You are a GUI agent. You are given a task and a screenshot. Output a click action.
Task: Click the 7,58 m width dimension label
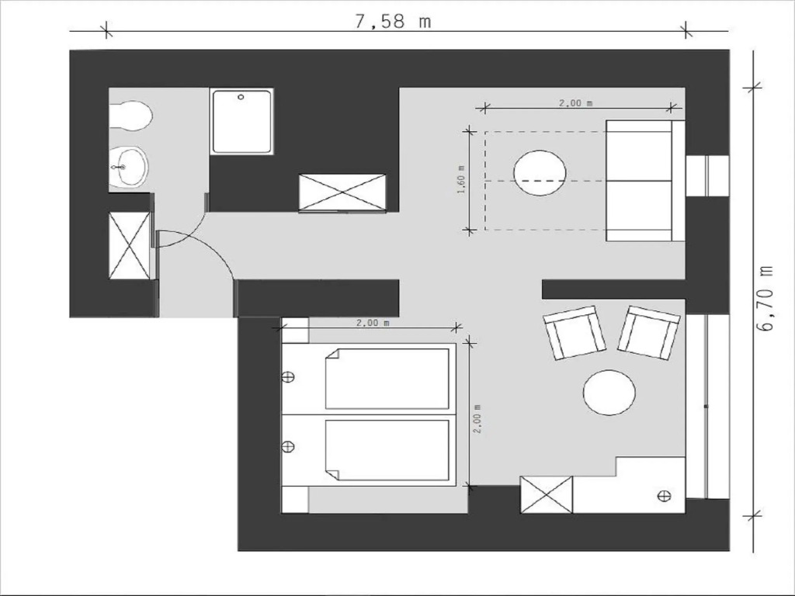pos(393,22)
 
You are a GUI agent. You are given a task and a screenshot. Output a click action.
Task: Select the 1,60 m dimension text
pos(461,180)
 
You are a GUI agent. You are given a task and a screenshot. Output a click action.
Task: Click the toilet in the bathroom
pos(130,116)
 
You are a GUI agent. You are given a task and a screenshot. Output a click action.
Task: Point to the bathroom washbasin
pos(130,168)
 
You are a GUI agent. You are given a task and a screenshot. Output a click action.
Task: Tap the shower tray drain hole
pos(241,97)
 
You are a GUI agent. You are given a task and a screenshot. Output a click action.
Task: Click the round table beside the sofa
pos(540,173)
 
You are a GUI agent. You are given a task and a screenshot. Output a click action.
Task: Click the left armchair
pos(575,333)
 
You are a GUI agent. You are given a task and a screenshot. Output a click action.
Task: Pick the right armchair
pos(648,332)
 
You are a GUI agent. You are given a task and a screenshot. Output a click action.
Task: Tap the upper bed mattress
pos(387,378)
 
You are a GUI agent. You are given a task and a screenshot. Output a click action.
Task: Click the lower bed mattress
pos(387,450)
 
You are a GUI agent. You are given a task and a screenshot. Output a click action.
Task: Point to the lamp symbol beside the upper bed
pos(288,377)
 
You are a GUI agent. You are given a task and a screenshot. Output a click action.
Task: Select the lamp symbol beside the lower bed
pos(288,446)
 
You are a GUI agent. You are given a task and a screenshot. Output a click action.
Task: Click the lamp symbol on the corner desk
pos(664,496)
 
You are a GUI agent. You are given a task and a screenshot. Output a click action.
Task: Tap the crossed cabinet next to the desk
pos(547,494)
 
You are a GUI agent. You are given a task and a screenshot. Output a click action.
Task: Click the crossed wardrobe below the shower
pos(342,192)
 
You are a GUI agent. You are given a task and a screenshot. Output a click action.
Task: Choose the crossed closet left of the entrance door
pos(130,245)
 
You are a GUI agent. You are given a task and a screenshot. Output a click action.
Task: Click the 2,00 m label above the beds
pos(373,322)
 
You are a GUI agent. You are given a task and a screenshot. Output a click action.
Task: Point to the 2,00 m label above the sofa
pos(575,103)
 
